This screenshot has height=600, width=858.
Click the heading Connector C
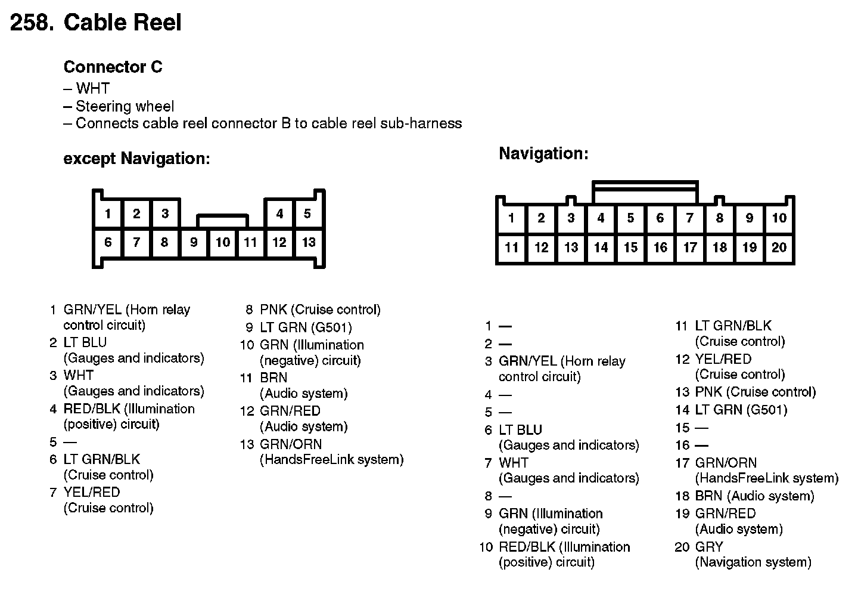point(113,67)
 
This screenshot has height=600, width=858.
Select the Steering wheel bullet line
point(125,106)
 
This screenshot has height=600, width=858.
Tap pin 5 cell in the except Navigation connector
point(307,214)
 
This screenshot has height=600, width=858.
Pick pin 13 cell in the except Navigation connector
point(309,242)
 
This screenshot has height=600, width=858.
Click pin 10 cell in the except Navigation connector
point(223,242)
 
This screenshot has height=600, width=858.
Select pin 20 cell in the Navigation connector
point(779,248)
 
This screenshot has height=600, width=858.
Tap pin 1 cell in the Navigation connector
point(511,218)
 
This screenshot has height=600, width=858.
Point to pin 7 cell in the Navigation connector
point(690,218)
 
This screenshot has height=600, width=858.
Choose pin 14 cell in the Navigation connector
point(601,248)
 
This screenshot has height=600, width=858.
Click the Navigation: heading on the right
point(543,153)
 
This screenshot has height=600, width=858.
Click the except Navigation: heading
point(136,159)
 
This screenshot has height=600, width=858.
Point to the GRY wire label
point(709,546)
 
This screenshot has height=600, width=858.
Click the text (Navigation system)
point(753,562)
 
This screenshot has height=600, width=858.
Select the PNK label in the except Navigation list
point(273,310)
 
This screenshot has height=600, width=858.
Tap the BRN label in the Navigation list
point(708,496)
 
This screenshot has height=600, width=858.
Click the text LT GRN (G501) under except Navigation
point(306,327)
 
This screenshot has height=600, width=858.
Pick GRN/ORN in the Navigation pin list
point(726,463)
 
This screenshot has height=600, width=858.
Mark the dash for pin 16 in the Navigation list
point(701,445)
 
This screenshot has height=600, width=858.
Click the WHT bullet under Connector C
point(92,89)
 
